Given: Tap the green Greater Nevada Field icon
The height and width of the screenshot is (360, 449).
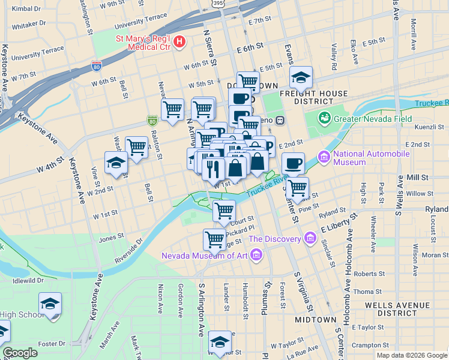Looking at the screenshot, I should click(x=325, y=118).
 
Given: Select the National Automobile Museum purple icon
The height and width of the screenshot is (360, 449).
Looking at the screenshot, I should click(x=325, y=157).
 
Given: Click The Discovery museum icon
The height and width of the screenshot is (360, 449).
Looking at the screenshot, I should click(x=310, y=239).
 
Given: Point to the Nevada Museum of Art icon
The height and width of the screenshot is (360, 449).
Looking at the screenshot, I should click(x=256, y=256).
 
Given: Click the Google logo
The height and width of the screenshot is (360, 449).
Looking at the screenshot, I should click(x=20, y=352).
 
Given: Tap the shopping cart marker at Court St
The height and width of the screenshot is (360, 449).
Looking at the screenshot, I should click(x=224, y=211).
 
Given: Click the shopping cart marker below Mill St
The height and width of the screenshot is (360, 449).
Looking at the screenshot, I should click(x=297, y=188).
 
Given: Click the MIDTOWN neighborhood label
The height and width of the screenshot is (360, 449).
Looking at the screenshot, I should click(x=315, y=320).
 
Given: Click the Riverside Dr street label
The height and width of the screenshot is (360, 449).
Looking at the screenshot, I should click(x=129, y=251).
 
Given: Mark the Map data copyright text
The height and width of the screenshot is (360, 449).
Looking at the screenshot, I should click(x=412, y=355).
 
